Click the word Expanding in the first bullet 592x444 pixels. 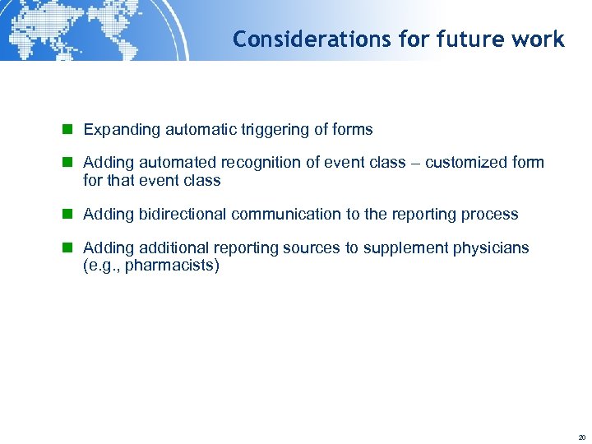coord(123,130)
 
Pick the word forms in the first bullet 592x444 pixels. coord(353,130)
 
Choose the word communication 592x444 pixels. coord(286,214)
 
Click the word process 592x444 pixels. coord(491,214)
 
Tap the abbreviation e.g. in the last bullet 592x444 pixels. coord(103,266)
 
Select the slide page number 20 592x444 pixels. coord(581,437)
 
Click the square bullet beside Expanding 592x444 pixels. coord(70,130)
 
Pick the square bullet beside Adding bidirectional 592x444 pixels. coord(70,214)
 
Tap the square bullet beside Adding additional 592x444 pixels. coord(70,247)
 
